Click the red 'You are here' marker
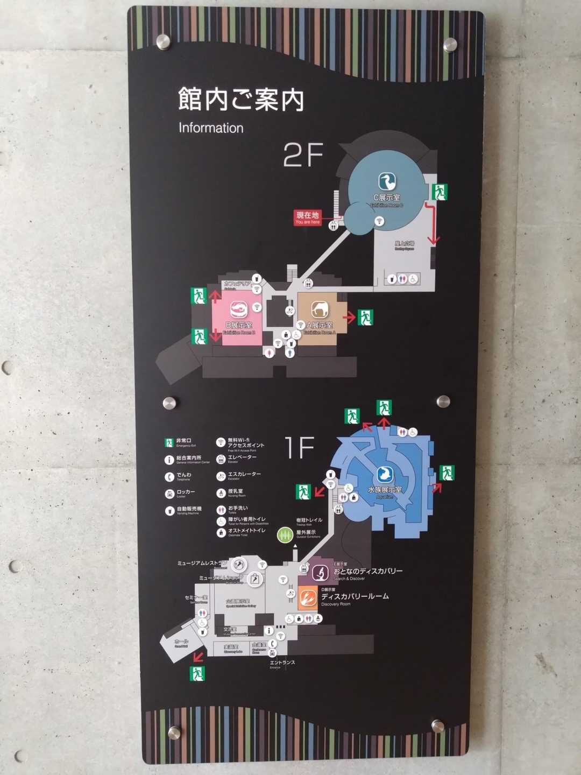coord(308,217)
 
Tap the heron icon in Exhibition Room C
coord(387,181)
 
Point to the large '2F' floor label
coord(303,155)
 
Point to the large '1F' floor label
coord(299,448)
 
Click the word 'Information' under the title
coord(211,128)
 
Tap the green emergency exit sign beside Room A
coord(366,318)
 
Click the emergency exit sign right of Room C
coord(440,192)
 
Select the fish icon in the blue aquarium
coord(385,474)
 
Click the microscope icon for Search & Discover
coord(321,573)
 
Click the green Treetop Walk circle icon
coord(285,535)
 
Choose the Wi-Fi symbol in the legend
coord(221,442)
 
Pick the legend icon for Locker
coord(169,494)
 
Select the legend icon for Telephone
coord(169,477)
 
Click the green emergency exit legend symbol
coord(169,443)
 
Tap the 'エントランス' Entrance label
coord(282,663)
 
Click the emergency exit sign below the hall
coord(197,673)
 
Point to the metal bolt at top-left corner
coord(162,42)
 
